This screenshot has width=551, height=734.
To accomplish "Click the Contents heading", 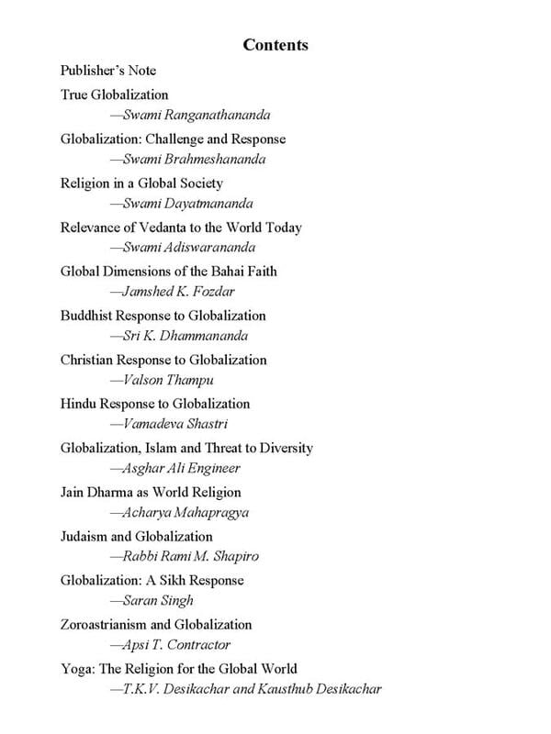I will tap(275, 45).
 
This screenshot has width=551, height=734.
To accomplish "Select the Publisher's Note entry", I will tap(108, 71).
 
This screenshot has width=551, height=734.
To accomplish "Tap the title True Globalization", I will tap(115, 94).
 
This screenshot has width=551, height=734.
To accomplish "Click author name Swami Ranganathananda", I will tap(197, 116).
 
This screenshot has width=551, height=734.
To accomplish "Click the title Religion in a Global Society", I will tap(141, 183).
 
